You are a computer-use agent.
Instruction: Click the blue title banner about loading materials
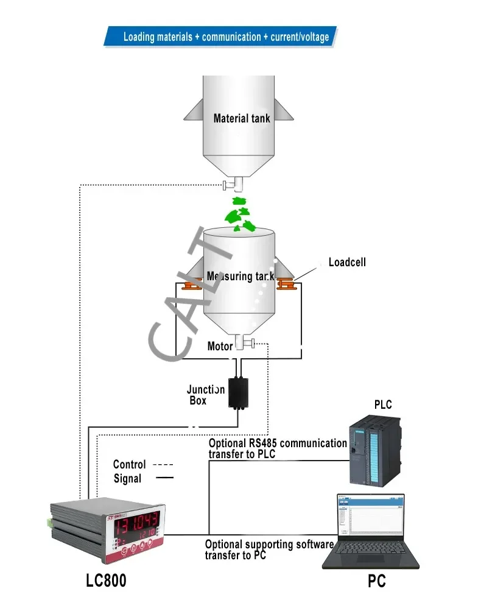pos(225,37)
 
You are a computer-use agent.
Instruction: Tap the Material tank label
pos(241,118)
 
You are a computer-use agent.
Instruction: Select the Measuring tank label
pos(240,276)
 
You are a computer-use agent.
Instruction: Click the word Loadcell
pos(347,263)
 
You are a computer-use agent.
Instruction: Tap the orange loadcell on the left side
pos(192,284)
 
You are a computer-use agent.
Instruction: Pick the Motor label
pos(220,346)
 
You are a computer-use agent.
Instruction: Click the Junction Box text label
pos(205,395)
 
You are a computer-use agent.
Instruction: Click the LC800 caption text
pos(107,581)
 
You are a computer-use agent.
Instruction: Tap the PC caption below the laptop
pos(376,581)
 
